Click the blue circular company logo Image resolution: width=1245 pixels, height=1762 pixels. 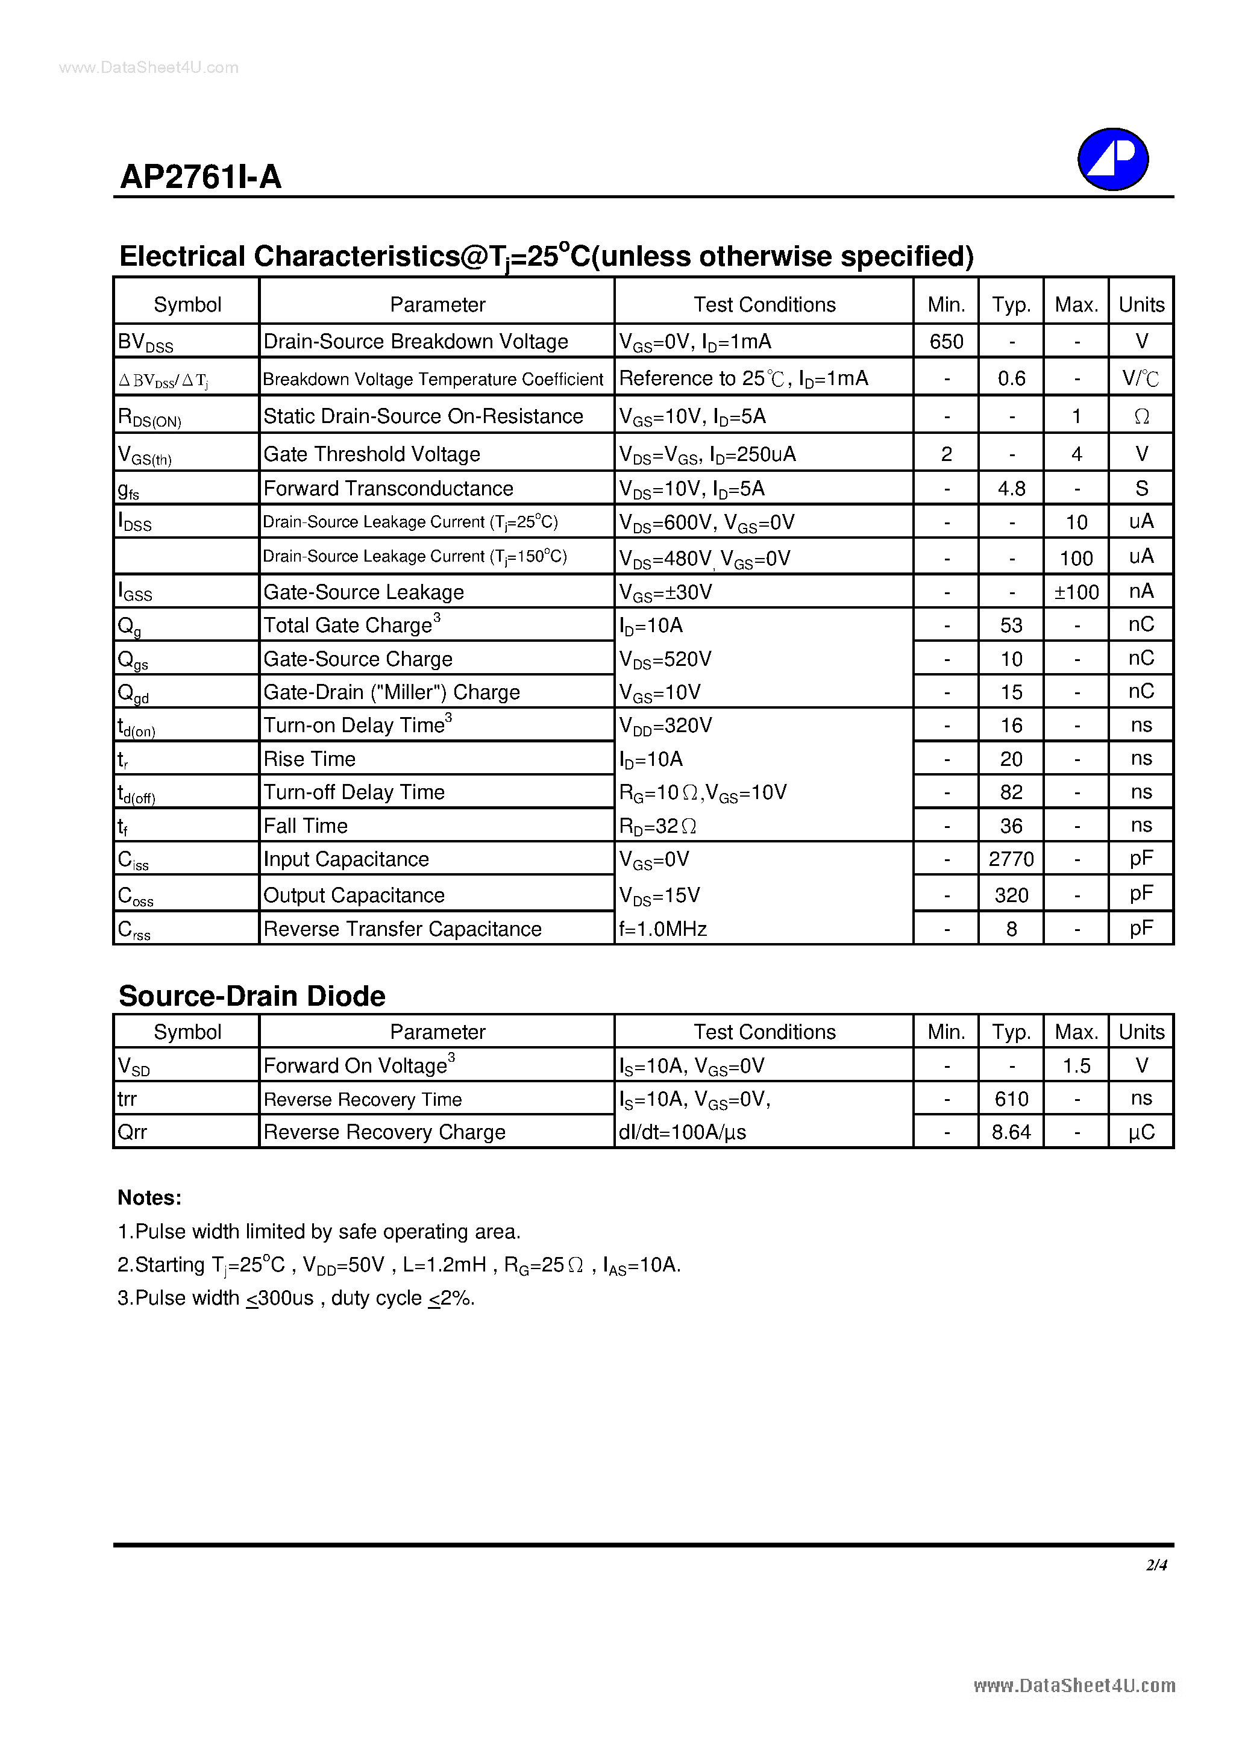[1112, 159]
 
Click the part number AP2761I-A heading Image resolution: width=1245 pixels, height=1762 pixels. [201, 177]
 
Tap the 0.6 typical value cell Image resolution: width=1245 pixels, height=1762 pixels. [1011, 378]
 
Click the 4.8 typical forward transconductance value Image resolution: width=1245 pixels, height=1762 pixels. [1011, 489]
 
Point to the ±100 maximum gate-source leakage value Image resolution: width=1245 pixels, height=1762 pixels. [1076, 592]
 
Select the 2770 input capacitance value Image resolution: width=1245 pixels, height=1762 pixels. [1011, 859]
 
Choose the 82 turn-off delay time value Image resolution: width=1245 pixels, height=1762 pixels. [1011, 792]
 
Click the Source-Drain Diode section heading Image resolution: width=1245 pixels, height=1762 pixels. [252, 995]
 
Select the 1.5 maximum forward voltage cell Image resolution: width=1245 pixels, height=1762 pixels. [1076, 1065]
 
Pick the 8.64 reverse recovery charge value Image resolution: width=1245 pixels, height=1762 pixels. [1011, 1132]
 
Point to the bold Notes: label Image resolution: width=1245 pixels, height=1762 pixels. [149, 1197]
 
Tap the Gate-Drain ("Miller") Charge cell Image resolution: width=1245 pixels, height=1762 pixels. [392, 692]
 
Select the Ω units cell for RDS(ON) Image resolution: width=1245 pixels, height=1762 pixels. [1141, 416]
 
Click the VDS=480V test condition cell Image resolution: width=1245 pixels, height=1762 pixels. [704, 559]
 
